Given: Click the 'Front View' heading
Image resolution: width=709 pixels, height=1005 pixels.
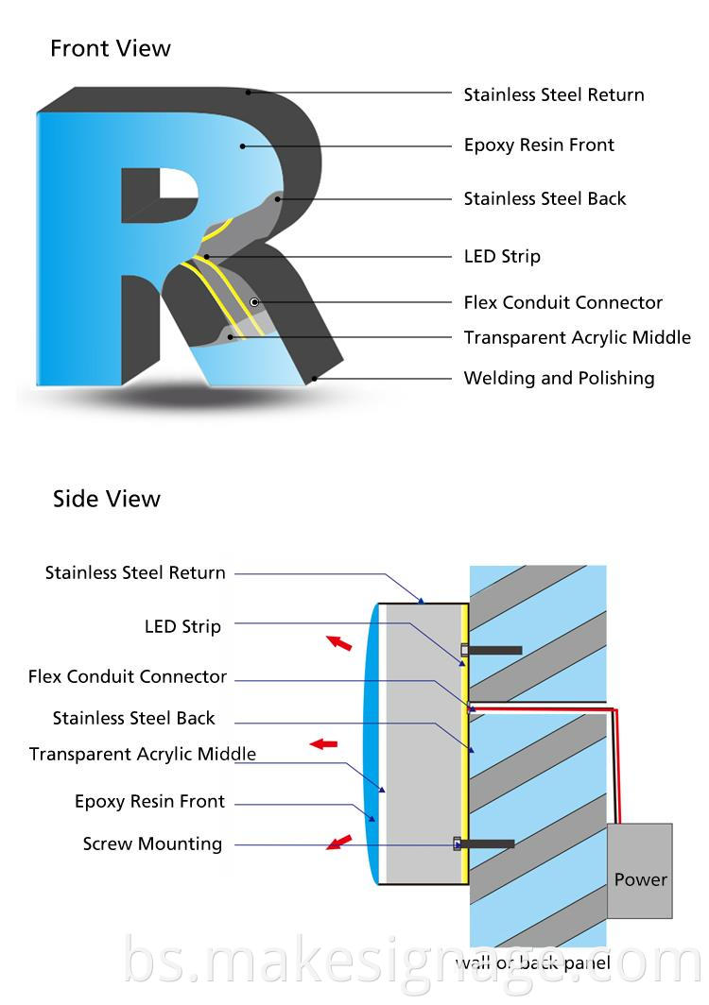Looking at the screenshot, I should click(111, 48).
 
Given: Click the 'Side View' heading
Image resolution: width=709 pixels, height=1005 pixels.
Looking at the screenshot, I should click(107, 499).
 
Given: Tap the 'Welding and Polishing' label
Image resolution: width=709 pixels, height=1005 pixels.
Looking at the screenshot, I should click(559, 378).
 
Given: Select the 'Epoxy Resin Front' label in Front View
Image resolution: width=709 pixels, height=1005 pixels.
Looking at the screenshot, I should click(539, 145).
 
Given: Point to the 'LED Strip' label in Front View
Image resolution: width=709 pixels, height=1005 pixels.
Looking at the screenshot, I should click(502, 256).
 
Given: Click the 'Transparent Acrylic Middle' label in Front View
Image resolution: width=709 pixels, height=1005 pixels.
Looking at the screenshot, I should click(577, 337).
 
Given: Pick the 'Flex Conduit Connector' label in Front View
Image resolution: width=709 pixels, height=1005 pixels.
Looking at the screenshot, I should click(562, 302).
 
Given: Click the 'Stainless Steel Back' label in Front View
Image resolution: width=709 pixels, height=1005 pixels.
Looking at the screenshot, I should click(545, 198).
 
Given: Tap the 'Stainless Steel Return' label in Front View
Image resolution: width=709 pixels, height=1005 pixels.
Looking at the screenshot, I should click(553, 94).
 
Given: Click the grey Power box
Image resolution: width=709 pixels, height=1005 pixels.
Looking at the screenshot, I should click(640, 871).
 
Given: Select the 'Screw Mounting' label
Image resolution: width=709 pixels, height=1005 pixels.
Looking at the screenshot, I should click(152, 843).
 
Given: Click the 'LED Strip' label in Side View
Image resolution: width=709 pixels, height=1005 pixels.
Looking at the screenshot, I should click(182, 626).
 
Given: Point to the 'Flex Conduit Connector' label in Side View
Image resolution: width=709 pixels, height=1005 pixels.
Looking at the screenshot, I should click(128, 676).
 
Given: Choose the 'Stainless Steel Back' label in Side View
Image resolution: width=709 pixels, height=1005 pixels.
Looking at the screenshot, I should click(134, 718).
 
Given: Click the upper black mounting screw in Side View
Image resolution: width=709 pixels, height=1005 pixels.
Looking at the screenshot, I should click(493, 650).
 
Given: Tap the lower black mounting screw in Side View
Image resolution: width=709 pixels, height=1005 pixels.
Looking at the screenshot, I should click(488, 843).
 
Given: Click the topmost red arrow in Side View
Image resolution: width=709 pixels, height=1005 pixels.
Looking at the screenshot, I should click(338, 643).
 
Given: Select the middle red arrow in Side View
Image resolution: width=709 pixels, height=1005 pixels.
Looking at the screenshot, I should click(324, 744).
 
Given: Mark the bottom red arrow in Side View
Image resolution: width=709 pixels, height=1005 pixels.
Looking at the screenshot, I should click(338, 841).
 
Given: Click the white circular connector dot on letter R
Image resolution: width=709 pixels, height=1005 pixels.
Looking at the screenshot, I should click(254, 301).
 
